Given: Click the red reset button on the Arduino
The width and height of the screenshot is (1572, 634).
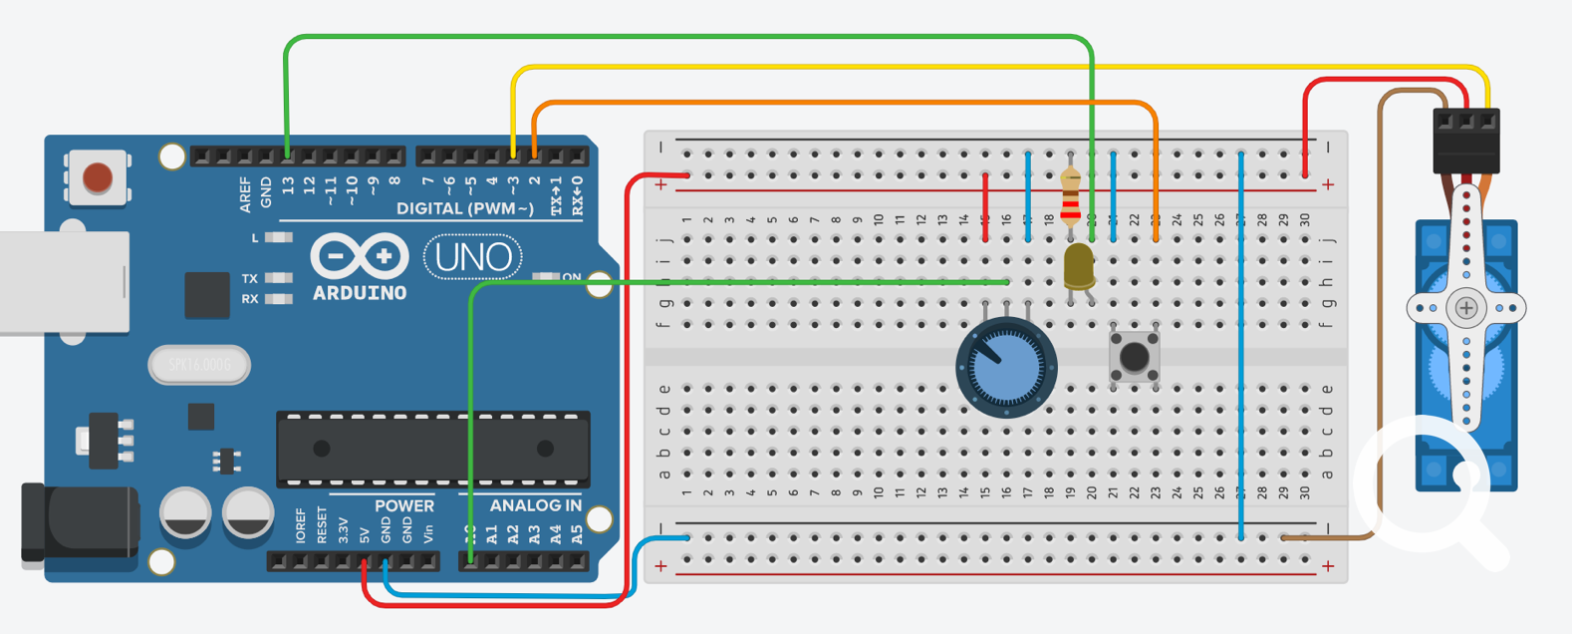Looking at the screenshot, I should tap(98, 177).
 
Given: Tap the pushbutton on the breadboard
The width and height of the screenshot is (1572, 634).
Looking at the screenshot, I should tap(1134, 356).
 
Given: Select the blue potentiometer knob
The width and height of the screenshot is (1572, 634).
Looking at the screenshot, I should tap(1006, 367).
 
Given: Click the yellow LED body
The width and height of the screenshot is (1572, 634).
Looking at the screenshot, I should tap(1078, 267).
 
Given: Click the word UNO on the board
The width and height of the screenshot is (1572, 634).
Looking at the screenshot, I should tap(473, 258).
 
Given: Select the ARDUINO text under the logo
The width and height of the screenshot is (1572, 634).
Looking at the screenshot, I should tap(360, 293).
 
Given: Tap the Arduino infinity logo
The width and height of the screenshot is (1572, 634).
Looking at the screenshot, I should tap(360, 256).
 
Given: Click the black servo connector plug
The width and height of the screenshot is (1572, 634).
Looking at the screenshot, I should tap(1465, 143).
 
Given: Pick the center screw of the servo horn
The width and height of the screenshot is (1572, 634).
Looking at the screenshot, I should tap(1466, 308).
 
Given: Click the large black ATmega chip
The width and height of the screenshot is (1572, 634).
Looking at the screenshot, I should tap(433, 449).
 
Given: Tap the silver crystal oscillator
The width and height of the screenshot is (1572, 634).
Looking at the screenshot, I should tap(199, 365).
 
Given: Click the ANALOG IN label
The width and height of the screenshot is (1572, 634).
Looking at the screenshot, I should tap(535, 505).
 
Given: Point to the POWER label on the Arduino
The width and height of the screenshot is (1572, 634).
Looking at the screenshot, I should tap(403, 505).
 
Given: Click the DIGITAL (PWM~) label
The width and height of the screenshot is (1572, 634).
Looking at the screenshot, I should tap(465, 208).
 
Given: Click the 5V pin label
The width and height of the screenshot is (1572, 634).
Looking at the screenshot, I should tap(365, 530).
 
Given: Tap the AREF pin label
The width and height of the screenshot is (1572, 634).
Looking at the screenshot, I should tap(245, 195).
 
